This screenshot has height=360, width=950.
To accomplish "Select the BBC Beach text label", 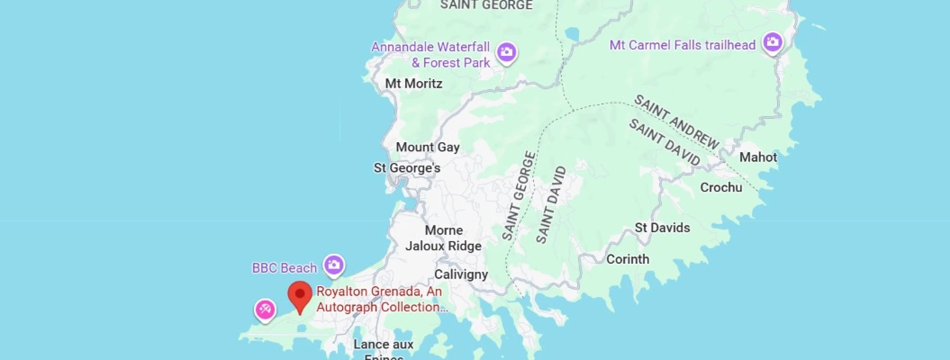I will click(284, 268).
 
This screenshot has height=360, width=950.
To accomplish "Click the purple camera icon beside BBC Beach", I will click(334, 265).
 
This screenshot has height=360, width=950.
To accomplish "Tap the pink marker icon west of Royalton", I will click(265, 310).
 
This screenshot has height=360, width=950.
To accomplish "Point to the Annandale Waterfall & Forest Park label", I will click(430, 55).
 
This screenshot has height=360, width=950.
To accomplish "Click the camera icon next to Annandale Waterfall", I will click(507, 52).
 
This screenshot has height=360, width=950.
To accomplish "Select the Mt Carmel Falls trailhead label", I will click(682, 45).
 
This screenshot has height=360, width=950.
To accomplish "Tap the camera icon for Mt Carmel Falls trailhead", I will click(773, 42).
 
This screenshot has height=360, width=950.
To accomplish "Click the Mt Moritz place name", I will click(414, 84).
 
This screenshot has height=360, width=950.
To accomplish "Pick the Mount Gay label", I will click(428, 147).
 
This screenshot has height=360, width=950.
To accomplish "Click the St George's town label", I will click(407, 168).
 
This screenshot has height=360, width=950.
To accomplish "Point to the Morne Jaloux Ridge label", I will click(443, 238).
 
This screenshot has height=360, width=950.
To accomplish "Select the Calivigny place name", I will click(461, 274).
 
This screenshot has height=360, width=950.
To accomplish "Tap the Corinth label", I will click(628, 259).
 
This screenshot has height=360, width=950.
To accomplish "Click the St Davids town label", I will click(662, 228).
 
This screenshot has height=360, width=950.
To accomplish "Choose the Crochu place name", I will click(721, 188).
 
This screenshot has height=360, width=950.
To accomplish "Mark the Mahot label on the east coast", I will click(758, 157).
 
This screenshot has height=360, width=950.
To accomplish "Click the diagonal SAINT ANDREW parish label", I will click(677, 121).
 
